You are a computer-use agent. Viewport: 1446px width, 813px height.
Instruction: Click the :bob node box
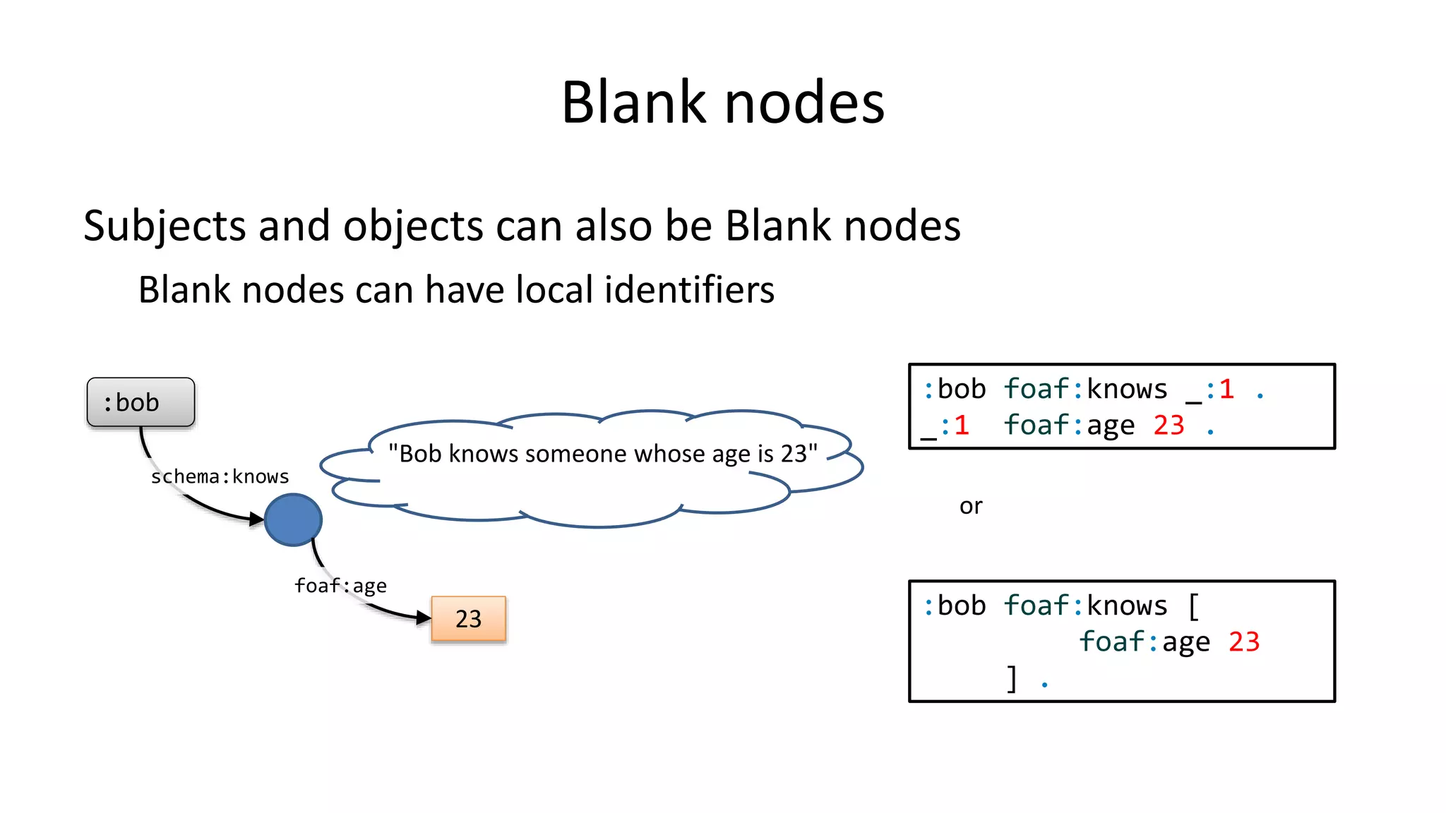[x=141, y=402]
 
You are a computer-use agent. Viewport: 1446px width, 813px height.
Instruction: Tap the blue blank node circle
[x=293, y=520]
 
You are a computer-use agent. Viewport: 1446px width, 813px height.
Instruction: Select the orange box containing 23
[x=468, y=619]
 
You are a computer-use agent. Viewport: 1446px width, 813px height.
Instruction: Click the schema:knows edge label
[x=220, y=477]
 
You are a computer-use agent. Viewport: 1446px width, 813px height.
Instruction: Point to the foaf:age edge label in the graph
[x=340, y=586]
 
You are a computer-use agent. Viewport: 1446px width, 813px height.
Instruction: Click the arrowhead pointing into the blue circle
[x=257, y=520]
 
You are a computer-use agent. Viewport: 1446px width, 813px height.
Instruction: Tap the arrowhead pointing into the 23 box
[x=424, y=618]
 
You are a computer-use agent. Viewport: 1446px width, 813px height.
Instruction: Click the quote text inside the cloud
[x=602, y=453]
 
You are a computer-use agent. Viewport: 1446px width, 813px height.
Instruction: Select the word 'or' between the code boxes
[x=971, y=506]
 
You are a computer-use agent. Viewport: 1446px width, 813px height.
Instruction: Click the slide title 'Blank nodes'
[x=722, y=103]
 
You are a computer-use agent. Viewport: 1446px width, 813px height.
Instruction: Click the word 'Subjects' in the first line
[x=165, y=226]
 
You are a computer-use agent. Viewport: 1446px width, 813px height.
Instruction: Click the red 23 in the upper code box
[x=1169, y=426]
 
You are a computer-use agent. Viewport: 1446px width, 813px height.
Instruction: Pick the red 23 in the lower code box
[x=1244, y=642]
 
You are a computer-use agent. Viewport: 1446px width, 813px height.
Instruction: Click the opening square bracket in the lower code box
[x=1193, y=606]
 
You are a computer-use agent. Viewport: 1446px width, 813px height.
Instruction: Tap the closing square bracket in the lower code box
[x=1012, y=679]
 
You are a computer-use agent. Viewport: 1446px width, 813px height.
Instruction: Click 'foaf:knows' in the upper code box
[x=1085, y=390]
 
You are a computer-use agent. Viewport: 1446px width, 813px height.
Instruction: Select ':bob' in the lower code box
[x=955, y=606]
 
